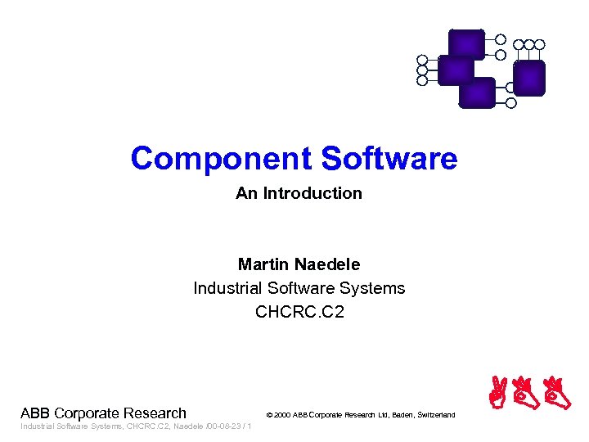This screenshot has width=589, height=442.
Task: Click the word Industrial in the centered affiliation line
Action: [227, 288]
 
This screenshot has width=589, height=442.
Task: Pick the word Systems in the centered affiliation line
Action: [375, 288]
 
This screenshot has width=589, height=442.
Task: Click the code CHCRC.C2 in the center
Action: [299, 312]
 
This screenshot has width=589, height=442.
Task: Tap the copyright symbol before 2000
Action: [270, 416]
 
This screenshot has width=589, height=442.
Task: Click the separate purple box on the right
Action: [529, 79]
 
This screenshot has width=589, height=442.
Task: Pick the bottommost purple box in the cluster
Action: [476, 92]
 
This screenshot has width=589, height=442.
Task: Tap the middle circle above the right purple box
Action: [529, 44]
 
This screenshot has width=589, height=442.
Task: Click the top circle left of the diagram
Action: [422, 60]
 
